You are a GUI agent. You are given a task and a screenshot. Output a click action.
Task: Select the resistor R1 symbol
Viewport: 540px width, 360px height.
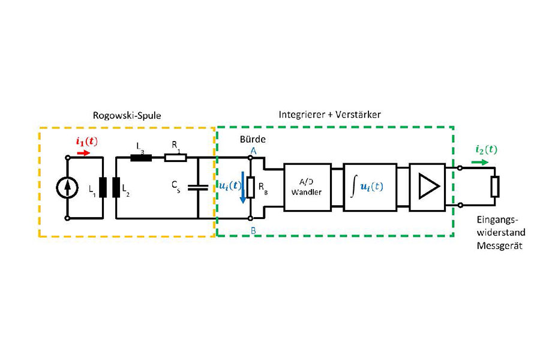coord(176,158)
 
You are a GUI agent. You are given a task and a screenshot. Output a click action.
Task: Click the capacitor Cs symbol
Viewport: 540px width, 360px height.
coord(197,187)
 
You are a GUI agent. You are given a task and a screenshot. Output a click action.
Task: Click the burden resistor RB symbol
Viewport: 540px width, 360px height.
coord(251,187)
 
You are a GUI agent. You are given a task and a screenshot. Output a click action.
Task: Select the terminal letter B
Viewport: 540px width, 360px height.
coord(253,229)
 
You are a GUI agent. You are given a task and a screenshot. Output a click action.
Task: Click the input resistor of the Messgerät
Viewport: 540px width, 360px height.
coord(495,187)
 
